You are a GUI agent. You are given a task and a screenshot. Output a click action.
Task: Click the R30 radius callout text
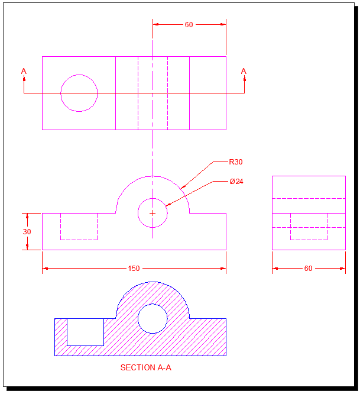236,162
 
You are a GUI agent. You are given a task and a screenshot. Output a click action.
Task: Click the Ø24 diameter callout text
236,182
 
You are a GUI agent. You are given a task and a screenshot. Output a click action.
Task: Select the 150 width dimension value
134,269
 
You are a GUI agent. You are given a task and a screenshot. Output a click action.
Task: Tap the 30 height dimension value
27,232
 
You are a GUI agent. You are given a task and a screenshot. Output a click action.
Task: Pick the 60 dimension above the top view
189,25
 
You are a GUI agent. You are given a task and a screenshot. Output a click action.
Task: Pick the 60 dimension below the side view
308,269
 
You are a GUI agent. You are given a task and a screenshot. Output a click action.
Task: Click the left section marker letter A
24,72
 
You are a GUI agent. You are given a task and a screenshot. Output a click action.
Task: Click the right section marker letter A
244,72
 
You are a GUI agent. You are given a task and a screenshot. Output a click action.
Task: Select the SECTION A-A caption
145,367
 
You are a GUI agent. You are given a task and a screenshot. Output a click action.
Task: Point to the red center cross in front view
153,213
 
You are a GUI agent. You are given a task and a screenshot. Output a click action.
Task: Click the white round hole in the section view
153,319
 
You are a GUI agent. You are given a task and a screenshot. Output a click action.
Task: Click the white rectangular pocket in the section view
85,332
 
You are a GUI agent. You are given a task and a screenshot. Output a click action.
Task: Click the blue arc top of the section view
153,282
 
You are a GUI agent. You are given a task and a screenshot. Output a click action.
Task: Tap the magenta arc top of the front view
153,176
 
